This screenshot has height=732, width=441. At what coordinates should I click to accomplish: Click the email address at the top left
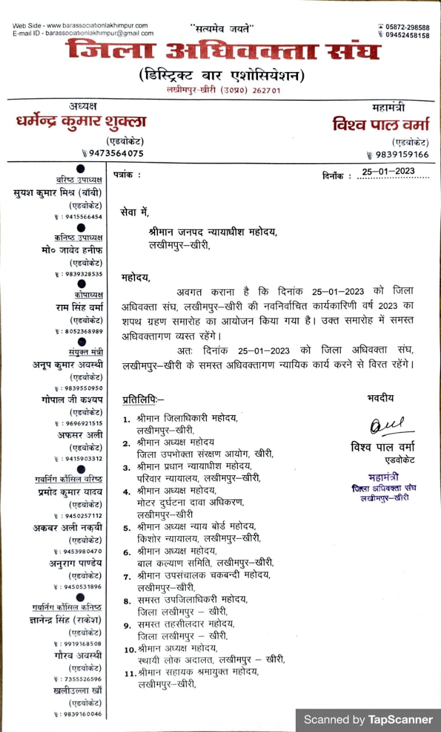click(x=100, y=33)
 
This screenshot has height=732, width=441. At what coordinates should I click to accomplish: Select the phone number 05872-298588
click(x=408, y=27)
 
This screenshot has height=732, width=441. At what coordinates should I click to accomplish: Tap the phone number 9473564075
click(x=116, y=153)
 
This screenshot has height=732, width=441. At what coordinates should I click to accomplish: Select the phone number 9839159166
click(x=402, y=154)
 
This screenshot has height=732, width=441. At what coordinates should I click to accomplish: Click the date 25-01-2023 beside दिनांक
click(x=388, y=172)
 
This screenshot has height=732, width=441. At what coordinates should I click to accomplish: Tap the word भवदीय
click(x=380, y=399)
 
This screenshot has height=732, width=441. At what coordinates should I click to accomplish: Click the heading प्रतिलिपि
click(x=142, y=399)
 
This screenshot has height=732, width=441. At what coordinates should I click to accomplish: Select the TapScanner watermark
click(x=368, y=719)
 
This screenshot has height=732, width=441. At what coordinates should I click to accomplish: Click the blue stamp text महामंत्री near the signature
click(x=383, y=477)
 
